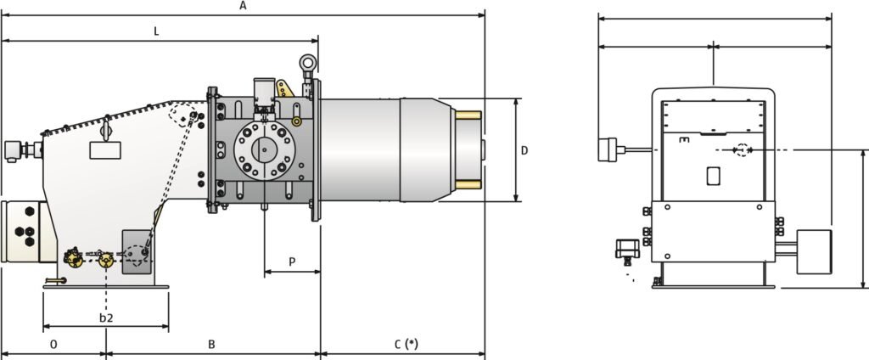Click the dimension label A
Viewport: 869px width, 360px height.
click(243, 6)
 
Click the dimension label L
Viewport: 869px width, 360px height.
click(156, 31)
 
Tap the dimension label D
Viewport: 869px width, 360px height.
click(524, 150)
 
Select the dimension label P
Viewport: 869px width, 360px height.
click(292, 262)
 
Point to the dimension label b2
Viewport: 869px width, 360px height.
click(106, 318)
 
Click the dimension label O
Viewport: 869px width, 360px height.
click(53, 344)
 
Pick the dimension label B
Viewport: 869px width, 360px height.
click(212, 344)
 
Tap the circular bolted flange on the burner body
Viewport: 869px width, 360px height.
click(264, 151)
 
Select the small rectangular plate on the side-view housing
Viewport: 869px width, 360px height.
click(105, 150)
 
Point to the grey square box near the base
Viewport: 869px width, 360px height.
click(137, 252)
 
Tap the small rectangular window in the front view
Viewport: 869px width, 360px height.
click(713, 176)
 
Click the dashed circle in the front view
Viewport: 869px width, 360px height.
click(743, 150)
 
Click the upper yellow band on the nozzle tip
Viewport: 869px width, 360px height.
click(468, 115)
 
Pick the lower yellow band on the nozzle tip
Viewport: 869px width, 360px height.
click(468, 184)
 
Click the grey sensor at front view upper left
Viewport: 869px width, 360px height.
click(606, 149)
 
